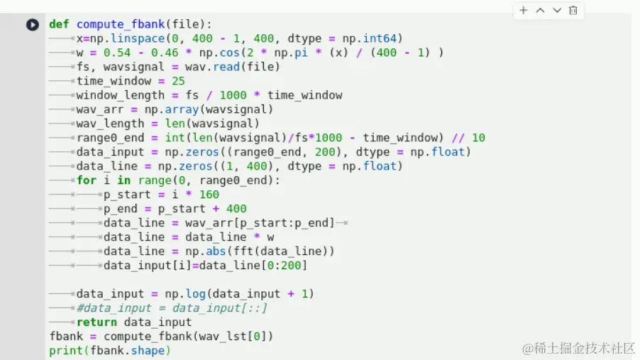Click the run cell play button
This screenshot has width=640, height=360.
(x=33, y=25)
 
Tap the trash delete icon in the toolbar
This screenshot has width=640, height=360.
(x=573, y=11)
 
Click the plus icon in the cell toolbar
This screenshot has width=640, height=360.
(x=524, y=11)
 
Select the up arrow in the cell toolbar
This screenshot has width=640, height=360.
(x=540, y=11)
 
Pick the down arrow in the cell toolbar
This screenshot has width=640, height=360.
(x=557, y=11)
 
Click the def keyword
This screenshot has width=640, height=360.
(x=59, y=24)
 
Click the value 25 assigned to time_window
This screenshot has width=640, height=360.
(x=178, y=81)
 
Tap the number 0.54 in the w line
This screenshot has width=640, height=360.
(x=117, y=53)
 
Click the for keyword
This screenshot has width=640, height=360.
(x=87, y=180)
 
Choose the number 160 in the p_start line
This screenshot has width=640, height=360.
(x=209, y=195)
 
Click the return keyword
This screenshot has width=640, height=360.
(x=96, y=322)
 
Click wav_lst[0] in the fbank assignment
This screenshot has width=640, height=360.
(x=236, y=337)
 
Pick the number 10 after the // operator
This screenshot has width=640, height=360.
(x=478, y=138)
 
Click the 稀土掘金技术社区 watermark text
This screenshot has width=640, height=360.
(x=585, y=348)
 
